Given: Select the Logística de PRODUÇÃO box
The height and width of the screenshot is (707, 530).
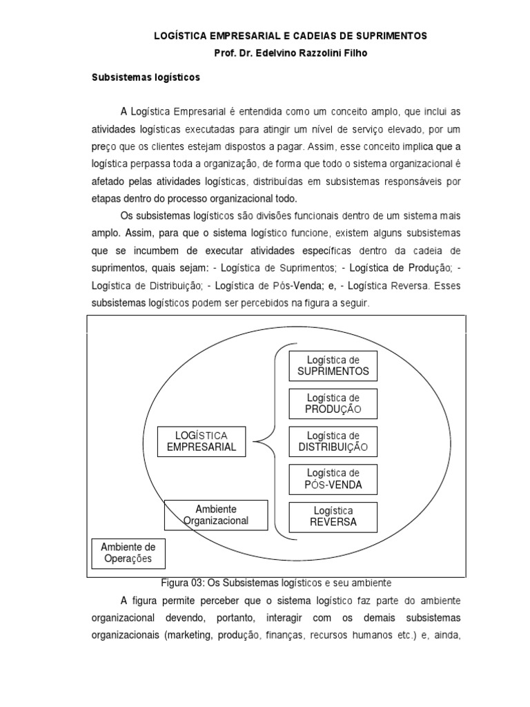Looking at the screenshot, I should click(x=333, y=403).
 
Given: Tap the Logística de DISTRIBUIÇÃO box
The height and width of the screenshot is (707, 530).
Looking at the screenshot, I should click(x=333, y=441).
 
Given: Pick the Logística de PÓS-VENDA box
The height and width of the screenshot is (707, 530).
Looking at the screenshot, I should click(x=333, y=479).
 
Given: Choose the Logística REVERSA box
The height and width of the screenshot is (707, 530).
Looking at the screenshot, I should click(x=333, y=516).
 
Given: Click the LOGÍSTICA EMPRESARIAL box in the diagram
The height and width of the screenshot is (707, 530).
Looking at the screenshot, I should click(x=201, y=440).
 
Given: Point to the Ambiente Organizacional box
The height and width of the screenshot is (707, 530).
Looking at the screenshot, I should click(x=216, y=515).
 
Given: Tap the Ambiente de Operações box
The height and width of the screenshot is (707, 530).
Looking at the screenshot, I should click(x=128, y=553).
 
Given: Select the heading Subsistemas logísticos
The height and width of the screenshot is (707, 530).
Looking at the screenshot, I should click(x=146, y=78).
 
